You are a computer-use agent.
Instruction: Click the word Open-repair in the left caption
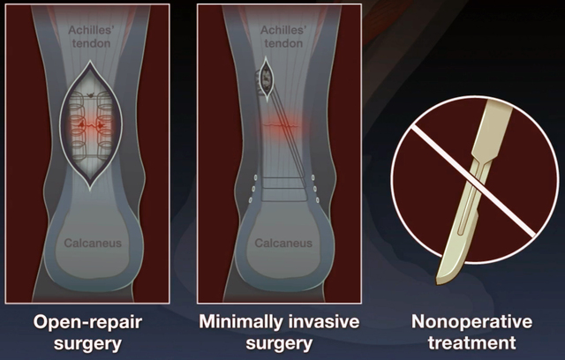pos(87,322)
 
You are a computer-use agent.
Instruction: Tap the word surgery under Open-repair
pos(87,343)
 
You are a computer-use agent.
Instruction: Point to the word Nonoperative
pos(471,321)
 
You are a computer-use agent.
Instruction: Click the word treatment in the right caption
pos(471,342)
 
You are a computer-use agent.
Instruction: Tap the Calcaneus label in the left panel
pos(93,243)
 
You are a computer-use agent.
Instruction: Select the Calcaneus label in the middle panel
pos(283,243)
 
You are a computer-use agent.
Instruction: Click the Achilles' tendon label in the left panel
pos(91,37)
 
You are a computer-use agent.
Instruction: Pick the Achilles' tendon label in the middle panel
pos(283,37)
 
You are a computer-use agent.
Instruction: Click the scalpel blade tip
pos(438,281)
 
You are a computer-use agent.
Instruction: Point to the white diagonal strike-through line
pos(473,181)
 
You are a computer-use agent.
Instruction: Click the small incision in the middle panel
pos(266,79)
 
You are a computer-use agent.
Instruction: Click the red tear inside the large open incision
pos(91,125)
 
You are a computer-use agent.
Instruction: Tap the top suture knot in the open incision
pos(90,96)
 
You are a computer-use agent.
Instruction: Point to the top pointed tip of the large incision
pos(90,62)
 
